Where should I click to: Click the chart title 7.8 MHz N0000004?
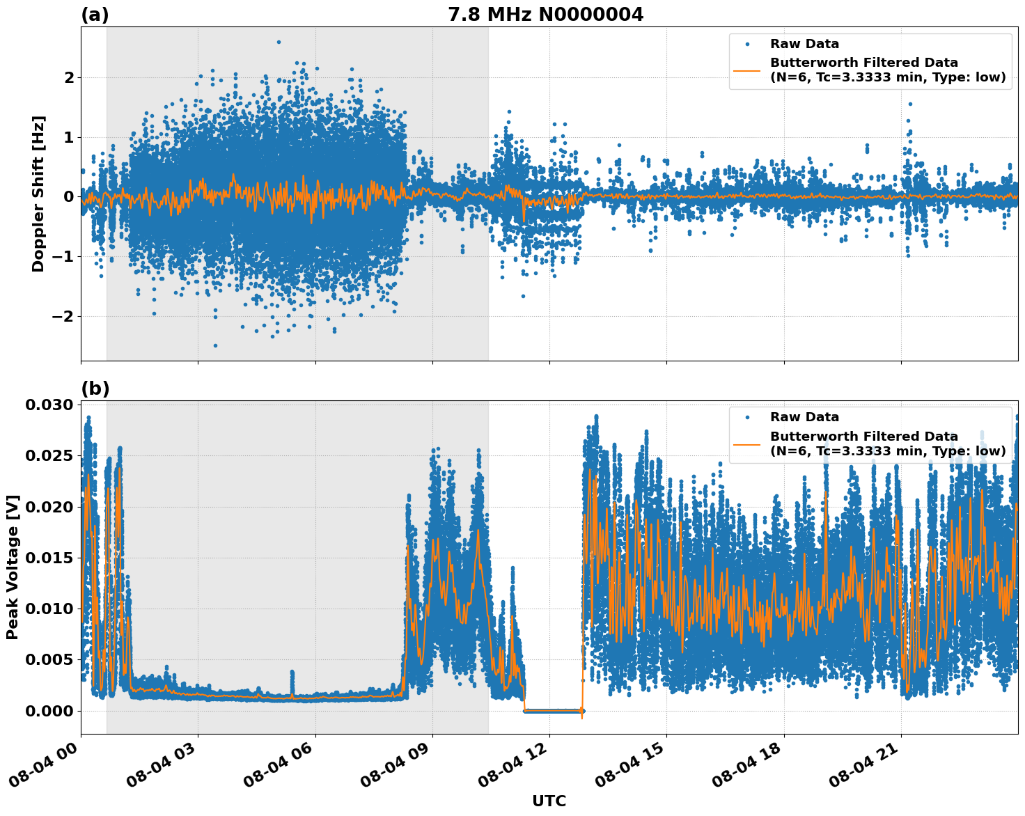545,15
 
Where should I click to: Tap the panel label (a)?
95,15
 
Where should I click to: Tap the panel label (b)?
95,389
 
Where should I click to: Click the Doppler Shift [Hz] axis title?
38,194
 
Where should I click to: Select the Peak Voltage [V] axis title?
13,567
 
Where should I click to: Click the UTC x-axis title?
549,801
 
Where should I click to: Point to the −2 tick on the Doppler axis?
63,316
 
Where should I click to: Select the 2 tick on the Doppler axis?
68,77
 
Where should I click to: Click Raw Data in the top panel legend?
804,44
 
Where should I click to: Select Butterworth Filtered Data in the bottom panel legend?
863,437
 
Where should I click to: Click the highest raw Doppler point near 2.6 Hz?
279,42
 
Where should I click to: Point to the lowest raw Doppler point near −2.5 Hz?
215,345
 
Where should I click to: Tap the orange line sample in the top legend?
747,70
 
